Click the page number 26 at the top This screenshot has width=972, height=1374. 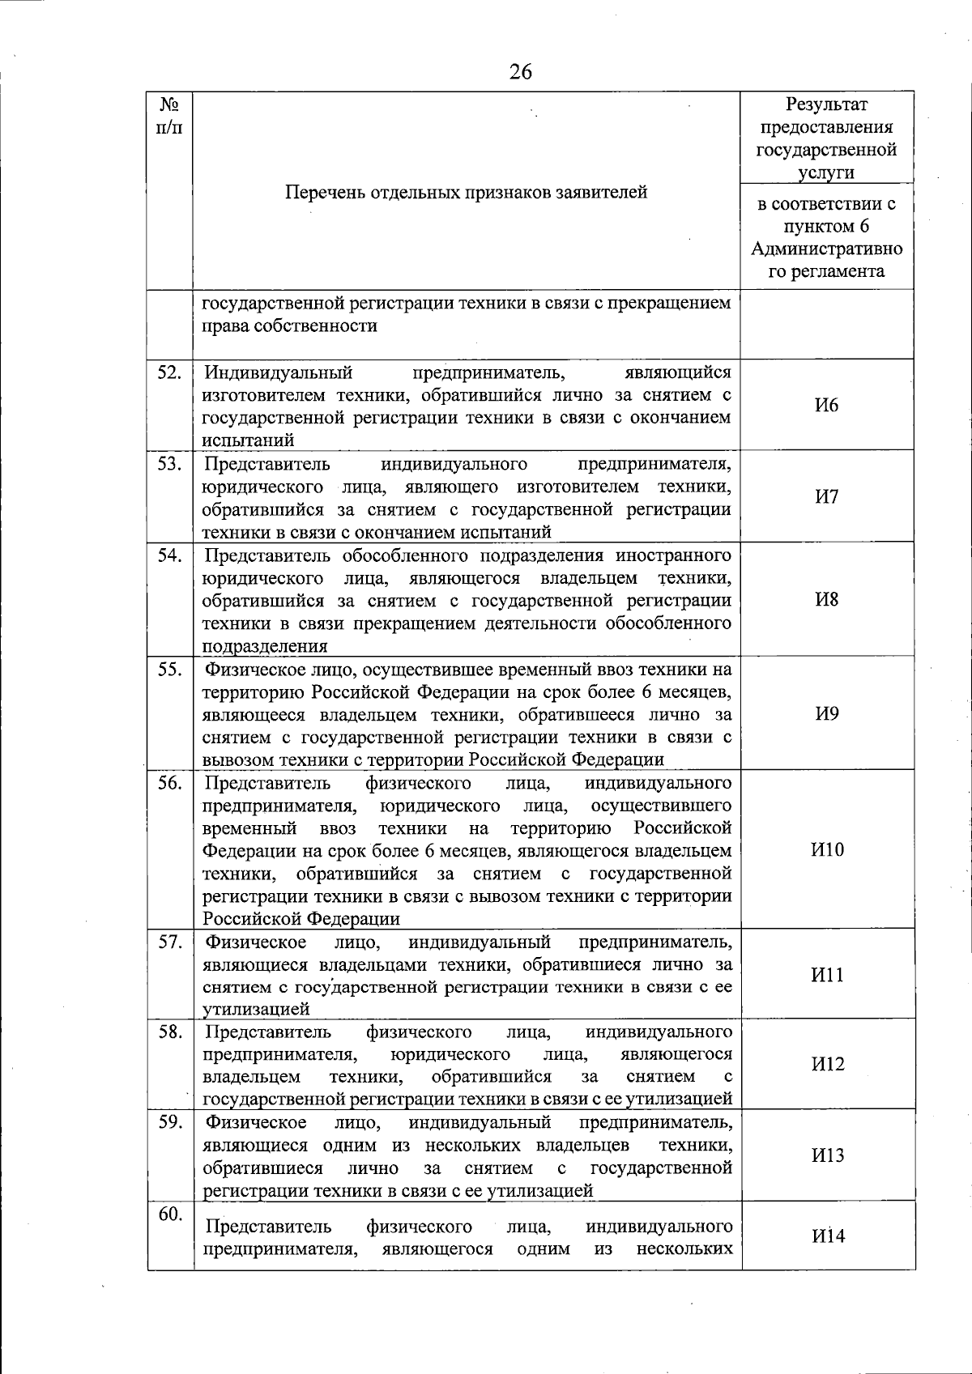(521, 72)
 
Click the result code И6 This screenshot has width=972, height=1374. (827, 406)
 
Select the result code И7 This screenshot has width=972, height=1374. (827, 496)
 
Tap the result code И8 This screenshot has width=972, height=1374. (827, 599)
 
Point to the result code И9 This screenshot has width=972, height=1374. (827, 713)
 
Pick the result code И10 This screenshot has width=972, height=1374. (827, 849)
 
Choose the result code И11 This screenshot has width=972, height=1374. (827, 974)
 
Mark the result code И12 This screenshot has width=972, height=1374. (827, 1064)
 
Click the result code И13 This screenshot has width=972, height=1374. (827, 1155)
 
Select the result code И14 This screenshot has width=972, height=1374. (827, 1236)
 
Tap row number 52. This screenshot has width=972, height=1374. (169, 373)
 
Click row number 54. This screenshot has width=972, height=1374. (169, 555)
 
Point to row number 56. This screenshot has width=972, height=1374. (169, 783)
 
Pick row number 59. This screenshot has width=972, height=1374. (169, 1122)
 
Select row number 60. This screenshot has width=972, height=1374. (169, 1214)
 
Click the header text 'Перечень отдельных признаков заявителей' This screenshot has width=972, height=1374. (467, 193)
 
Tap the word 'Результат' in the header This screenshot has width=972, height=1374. (827, 105)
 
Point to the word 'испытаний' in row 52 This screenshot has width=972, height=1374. (248, 440)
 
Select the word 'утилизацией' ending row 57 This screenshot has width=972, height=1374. (256, 1010)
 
